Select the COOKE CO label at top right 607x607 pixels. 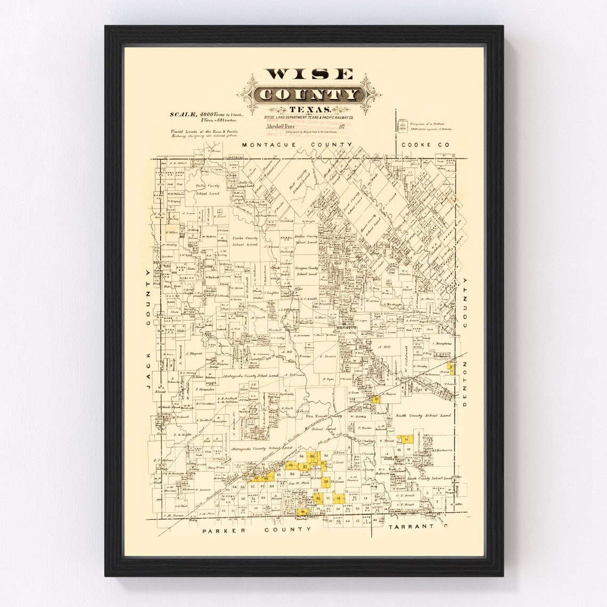(x=425, y=145)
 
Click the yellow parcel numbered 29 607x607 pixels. (x=326, y=482)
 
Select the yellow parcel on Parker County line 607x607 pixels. (x=302, y=512)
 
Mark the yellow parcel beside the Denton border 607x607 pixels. (x=450, y=367)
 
